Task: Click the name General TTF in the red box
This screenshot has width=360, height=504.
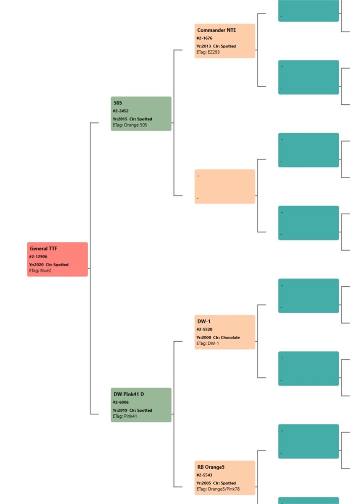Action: pyautogui.click(x=43, y=248)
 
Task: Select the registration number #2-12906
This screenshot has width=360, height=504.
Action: pyautogui.click(x=38, y=257)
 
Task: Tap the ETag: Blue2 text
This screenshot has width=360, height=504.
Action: pyautogui.click(x=40, y=271)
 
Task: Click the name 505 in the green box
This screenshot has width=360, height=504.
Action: pyautogui.click(x=117, y=103)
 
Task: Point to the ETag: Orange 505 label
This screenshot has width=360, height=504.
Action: pyautogui.click(x=130, y=125)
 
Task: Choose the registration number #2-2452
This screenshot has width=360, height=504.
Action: pyautogui.click(x=121, y=111)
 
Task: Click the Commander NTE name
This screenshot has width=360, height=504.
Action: pyautogui.click(x=217, y=30)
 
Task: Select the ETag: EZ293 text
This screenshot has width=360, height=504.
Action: pyautogui.click(x=208, y=52)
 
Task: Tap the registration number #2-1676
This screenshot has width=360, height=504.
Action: pyautogui.click(x=204, y=38)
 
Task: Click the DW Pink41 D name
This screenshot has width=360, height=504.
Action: pyautogui.click(x=129, y=394)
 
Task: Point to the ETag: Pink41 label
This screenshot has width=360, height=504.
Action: pyautogui.click(x=125, y=416)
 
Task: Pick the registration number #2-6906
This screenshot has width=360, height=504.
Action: pyautogui.click(x=121, y=402)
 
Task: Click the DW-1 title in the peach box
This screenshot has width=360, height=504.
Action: pyautogui.click(x=204, y=322)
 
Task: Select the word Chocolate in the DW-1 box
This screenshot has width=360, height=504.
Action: pyautogui.click(x=230, y=338)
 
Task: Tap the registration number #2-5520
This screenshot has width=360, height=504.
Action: pyautogui.click(x=204, y=330)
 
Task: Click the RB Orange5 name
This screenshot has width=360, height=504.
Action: pyautogui.click(x=211, y=467)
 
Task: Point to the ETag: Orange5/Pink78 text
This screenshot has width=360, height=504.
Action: pyautogui.click(x=218, y=489)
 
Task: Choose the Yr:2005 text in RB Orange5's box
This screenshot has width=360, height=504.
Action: pyautogui.click(x=204, y=483)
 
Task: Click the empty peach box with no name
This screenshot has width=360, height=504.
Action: pyautogui.click(x=225, y=186)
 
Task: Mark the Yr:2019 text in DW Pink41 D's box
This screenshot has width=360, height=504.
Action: pyautogui.click(x=120, y=410)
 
